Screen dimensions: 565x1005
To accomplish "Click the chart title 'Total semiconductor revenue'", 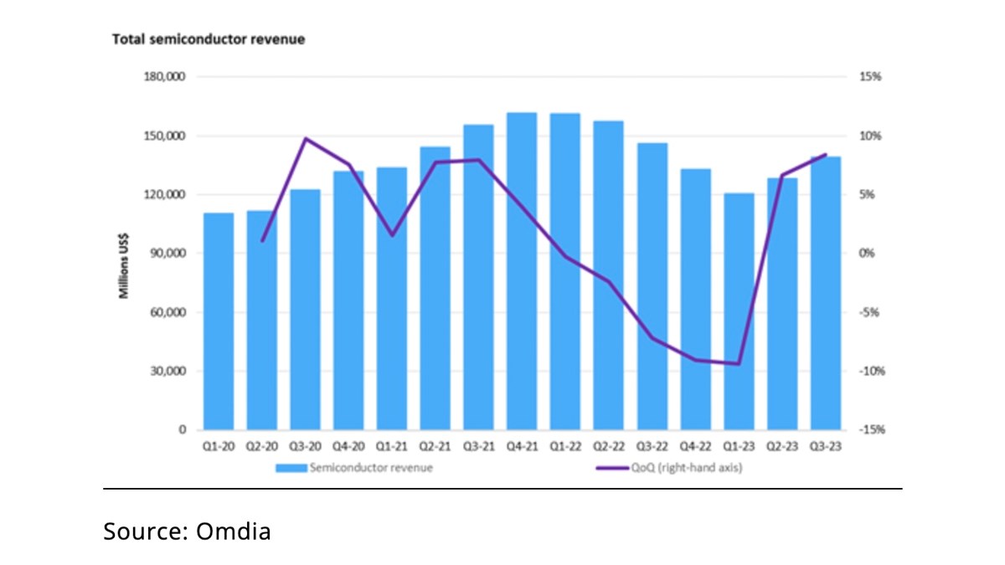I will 209,40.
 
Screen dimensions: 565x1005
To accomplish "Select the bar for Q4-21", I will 522,272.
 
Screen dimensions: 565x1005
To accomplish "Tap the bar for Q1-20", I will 219,322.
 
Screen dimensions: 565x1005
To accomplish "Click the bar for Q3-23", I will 826,293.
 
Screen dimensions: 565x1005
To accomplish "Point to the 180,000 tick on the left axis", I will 167,77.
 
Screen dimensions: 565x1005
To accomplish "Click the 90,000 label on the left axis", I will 169,254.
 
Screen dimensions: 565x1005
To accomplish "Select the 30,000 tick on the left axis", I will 169,372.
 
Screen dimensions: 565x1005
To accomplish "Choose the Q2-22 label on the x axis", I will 609,448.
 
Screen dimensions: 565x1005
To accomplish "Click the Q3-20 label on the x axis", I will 305,448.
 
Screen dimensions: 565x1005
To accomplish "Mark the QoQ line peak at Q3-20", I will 306,138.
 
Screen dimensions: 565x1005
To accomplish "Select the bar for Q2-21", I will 435,289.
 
